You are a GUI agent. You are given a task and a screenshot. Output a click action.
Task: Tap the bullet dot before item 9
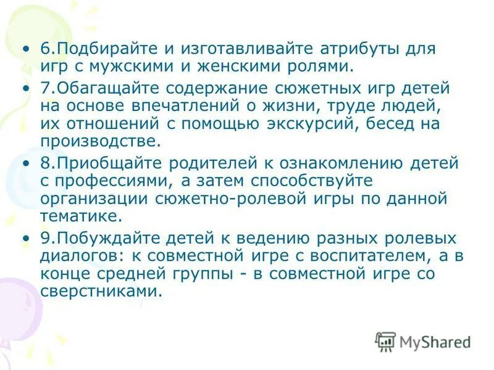coord(25,239)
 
